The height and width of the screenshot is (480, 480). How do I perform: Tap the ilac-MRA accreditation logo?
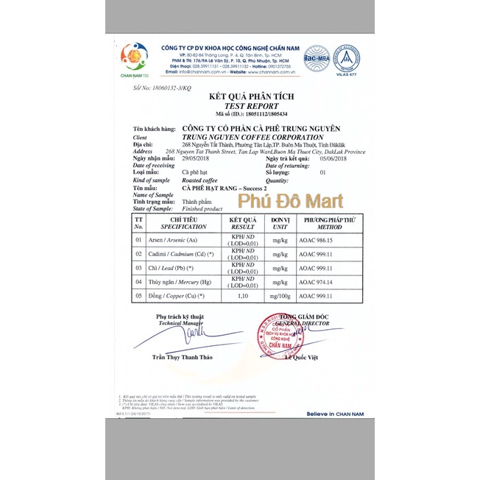(317, 57)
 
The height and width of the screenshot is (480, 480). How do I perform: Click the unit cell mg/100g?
(279, 296)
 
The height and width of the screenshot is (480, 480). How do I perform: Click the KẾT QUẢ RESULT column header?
(242, 224)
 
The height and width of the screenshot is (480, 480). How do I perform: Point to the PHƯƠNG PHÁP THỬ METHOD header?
(329, 224)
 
